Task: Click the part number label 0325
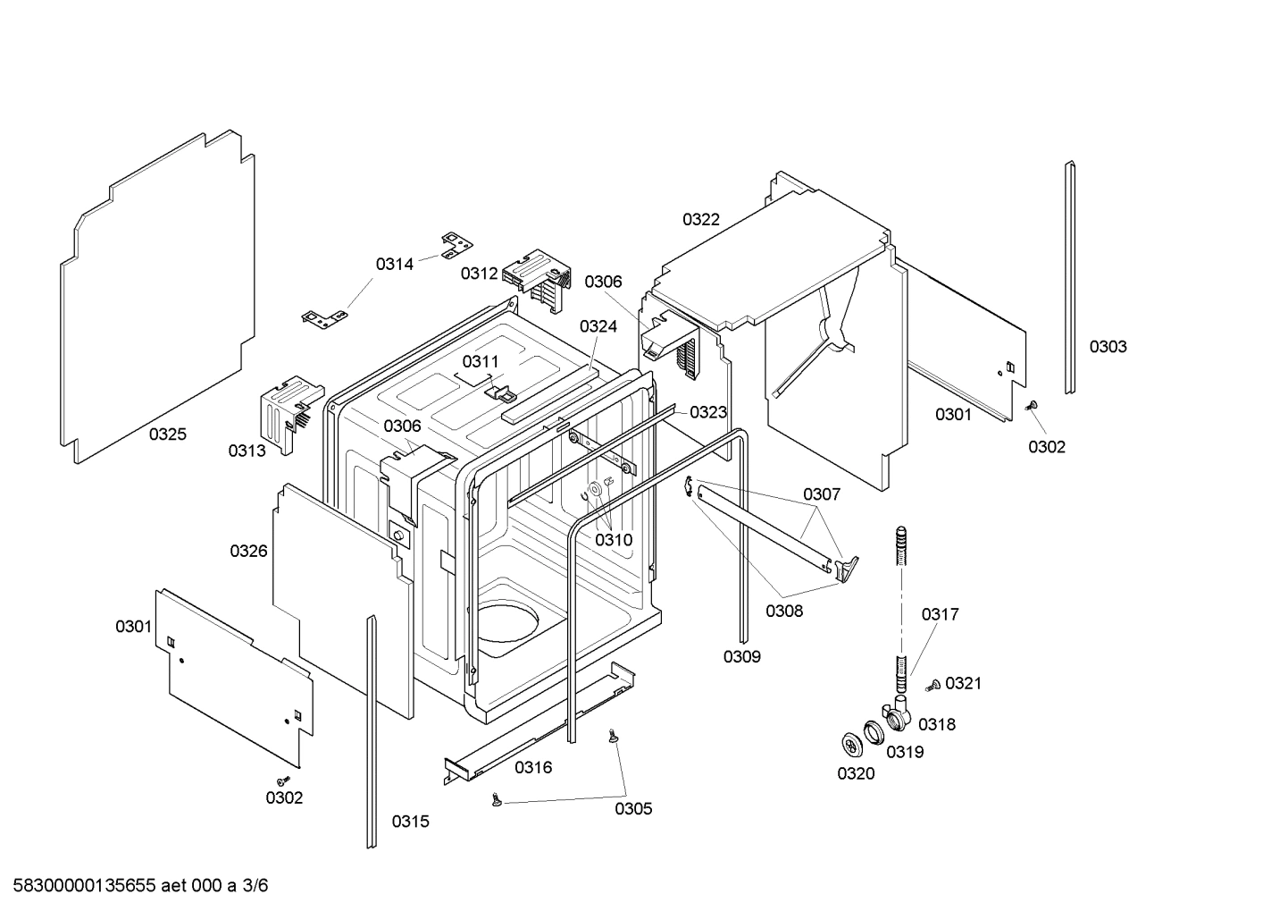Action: [x=168, y=434]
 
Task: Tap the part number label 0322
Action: [x=701, y=219]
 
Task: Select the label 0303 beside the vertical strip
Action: [x=1108, y=347]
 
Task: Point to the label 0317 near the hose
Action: [x=940, y=614]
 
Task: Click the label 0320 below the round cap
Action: [x=856, y=773]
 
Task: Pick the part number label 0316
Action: [x=533, y=767]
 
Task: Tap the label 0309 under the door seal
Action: [x=741, y=657]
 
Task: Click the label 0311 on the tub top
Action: [x=481, y=361]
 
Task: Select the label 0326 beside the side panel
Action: [x=248, y=551]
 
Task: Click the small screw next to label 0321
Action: [x=933, y=685]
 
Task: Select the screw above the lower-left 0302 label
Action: [x=282, y=778]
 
